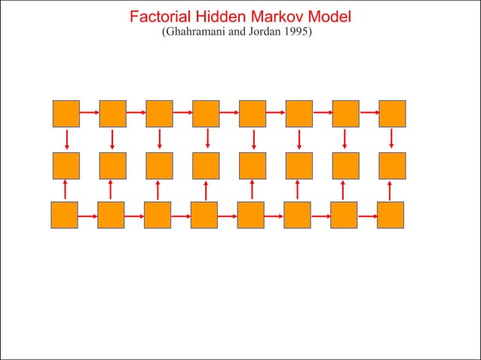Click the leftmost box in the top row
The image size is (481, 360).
pyautogui.click(x=66, y=114)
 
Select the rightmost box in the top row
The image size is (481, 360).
pyautogui.click(x=392, y=114)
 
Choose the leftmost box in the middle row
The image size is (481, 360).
pyautogui.click(x=66, y=166)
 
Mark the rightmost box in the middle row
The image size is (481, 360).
pyautogui.click(x=392, y=166)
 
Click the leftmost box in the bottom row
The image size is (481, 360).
pyautogui.click(x=64, y=215)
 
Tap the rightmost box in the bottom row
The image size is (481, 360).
pyautogui.click(x=391, y=215)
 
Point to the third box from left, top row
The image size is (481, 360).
pyautogui.click(x=159, y=114)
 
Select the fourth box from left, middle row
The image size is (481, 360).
pyautogui.click(x=206, y=166)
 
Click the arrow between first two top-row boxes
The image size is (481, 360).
pyautogui.click(x=89, y=113)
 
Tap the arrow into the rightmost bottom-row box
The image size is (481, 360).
pyautogui.click(x=367, y=215)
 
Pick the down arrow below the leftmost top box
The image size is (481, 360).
pyautogui.click(x=67, y=139)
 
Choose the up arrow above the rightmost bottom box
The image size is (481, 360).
pyautogui.click(x=391, y=190)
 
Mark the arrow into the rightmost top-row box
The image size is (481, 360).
pyautogui.click(x=369, y=113)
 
